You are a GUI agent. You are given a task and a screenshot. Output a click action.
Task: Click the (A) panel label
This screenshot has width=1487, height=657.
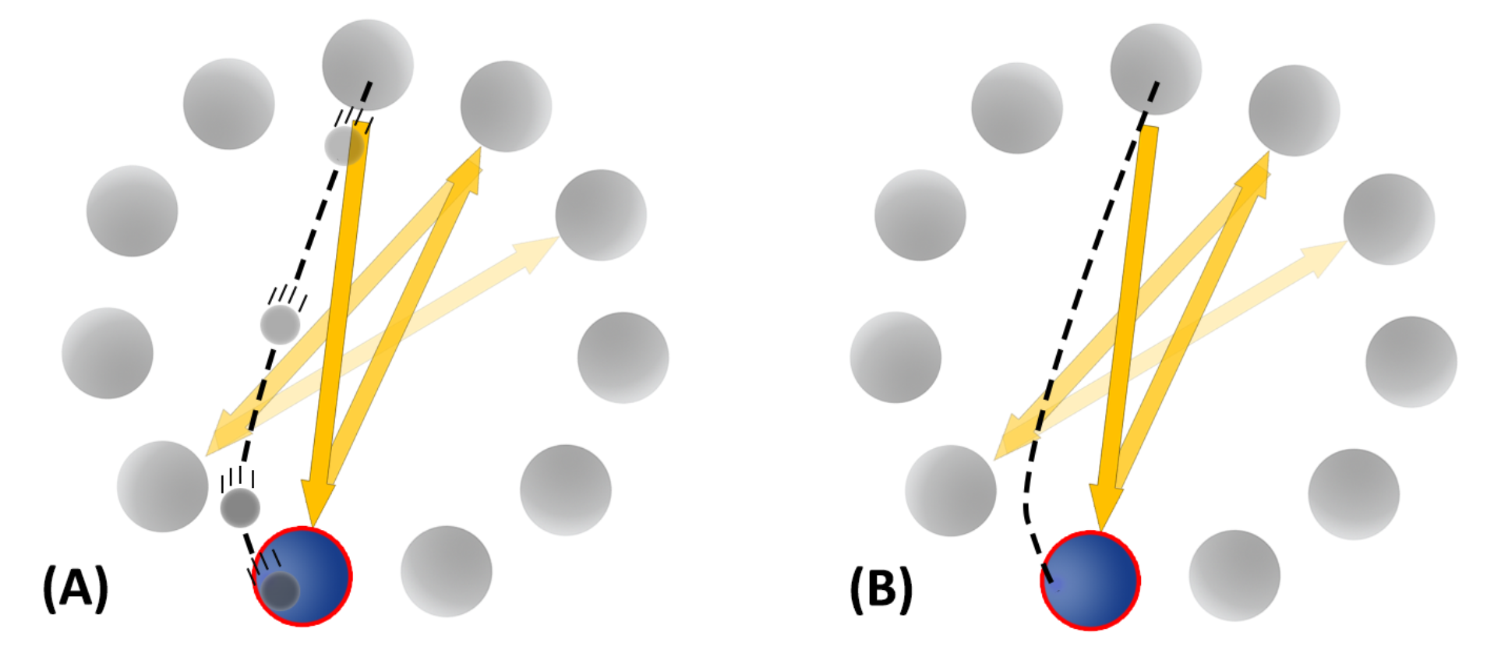[76, 587]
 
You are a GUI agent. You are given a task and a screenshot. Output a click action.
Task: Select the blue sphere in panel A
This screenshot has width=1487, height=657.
[302, 576]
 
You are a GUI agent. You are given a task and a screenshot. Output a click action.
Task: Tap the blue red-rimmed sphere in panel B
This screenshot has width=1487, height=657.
[1090, 581]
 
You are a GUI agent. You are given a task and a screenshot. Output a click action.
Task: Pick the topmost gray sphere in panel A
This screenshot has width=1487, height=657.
[368, 65]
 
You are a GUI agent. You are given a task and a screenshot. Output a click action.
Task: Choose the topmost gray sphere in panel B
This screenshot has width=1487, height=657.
[1156, 69]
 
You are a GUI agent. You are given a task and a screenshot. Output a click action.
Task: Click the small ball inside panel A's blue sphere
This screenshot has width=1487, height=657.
[280, 591]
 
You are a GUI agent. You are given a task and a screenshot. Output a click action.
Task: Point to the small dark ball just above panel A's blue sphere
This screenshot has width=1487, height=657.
[240, 507]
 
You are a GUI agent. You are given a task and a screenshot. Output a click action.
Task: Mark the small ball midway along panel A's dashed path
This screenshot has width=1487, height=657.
[280, 324]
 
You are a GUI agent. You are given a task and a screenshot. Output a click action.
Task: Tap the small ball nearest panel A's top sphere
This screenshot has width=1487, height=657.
[344, 145]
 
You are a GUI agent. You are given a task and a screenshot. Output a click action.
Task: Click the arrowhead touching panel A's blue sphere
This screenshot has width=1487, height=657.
[315, 526]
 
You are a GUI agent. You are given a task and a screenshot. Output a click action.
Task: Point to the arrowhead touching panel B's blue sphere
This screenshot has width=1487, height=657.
[1103, 531]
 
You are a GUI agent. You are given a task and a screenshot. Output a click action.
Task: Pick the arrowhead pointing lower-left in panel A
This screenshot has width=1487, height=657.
[206, 455]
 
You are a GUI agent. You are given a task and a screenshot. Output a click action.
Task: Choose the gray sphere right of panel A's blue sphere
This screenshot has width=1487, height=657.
[447, 571]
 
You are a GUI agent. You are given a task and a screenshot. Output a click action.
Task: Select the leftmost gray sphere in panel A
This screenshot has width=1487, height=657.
[108, 353]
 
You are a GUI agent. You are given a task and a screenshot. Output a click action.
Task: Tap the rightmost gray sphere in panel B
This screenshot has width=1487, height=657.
[1411, 362]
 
